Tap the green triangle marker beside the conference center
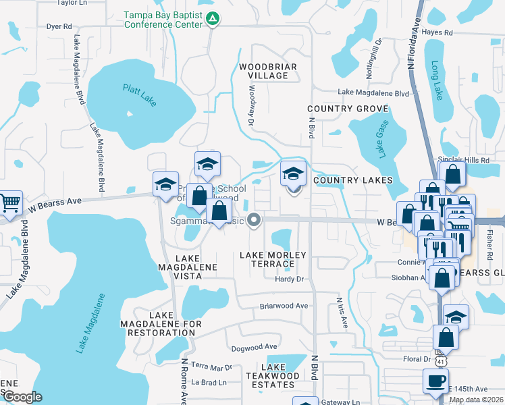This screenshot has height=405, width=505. [213, 19]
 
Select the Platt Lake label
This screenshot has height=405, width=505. [139, 94]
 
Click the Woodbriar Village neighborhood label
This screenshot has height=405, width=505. [263, 71]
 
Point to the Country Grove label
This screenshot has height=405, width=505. [348, 109]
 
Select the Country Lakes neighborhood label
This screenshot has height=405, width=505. [352, 180]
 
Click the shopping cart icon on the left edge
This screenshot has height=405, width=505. [9, 202]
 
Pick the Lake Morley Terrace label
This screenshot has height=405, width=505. [273, 259]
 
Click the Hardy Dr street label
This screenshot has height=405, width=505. [290, 279]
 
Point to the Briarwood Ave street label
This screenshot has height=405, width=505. [284, 306]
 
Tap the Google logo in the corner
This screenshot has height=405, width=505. [22, 397]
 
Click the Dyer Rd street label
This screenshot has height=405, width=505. [59, 26]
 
